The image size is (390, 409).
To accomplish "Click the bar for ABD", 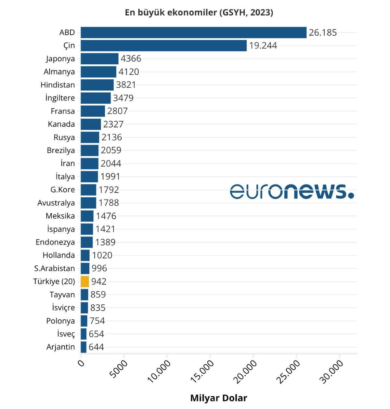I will [x=193, y=32].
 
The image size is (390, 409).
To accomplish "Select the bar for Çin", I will [x=163, y=45].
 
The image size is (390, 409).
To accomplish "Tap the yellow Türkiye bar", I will [x=85, y=281].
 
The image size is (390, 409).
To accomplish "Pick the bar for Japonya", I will [x=99, y=59].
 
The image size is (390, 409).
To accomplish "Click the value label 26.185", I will [x=323, y=32].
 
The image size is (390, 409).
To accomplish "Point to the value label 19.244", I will [x=263, y=45].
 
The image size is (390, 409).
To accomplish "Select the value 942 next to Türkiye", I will [x=99, y=281].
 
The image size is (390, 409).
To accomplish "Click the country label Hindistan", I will [x=58, y=85].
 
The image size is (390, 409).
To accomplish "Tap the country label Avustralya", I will [x=56, y=203].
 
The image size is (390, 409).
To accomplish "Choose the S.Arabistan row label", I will [x=54, y=268].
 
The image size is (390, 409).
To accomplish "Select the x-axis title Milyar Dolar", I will [x=218, y=398].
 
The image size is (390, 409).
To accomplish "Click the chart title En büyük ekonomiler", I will [x=199, y=12].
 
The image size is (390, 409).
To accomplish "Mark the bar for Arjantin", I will [x=84, y=347].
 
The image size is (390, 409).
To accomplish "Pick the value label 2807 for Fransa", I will [x=117, y=111].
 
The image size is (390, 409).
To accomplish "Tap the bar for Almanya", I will [x=98, y=72].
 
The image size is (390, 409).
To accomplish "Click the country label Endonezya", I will [x=55, y=242].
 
